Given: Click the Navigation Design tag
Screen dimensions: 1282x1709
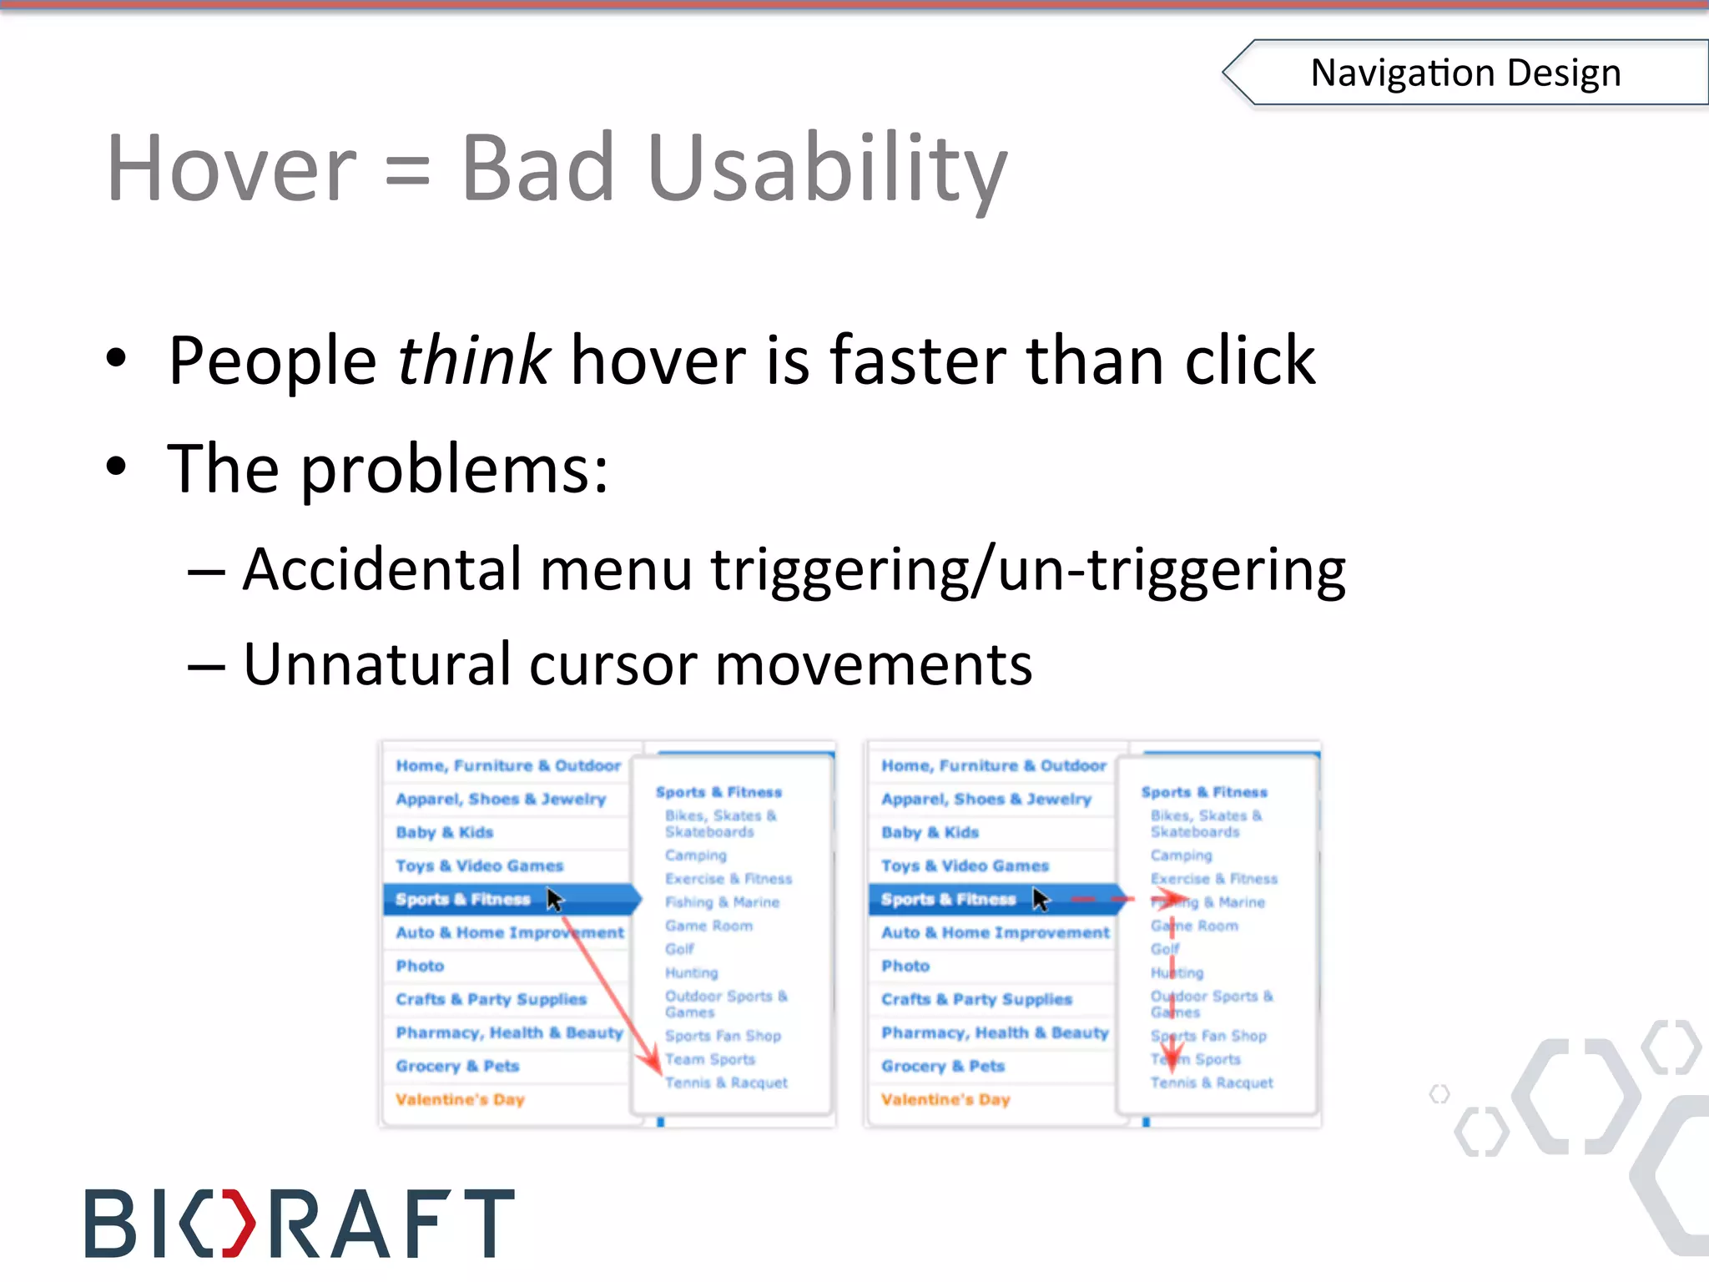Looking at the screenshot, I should tap(1465, 73).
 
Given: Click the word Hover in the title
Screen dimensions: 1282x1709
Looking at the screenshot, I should tap(232, 169).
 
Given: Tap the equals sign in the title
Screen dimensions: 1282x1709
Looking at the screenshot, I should tap(408, 173).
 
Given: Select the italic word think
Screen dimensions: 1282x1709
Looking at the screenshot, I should tap(473, 361).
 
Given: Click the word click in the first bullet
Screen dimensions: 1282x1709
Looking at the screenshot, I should tap(1249, 361).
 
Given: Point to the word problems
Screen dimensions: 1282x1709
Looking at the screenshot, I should tap(454, 470).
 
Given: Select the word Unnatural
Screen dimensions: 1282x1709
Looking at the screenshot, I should tap(376, 665).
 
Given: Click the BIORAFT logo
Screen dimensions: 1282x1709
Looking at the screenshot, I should tap(300, 1222).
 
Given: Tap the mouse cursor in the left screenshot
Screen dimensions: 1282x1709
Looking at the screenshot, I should tap(554, 899).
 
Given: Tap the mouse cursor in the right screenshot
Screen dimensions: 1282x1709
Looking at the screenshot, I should tap(1040, 899).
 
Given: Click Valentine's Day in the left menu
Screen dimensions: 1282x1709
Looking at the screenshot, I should tap(460, 1099).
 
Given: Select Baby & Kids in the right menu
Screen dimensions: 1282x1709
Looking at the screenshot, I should tap(930, 832).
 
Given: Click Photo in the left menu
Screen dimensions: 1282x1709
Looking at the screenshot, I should tap(420, 966).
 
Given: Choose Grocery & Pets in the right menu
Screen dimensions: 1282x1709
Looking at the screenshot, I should tap(943, 1066).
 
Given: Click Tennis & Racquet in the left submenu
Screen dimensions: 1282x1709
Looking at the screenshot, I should tap(726, 1083).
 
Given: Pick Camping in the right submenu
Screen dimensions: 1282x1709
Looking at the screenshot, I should tap(1181, 856).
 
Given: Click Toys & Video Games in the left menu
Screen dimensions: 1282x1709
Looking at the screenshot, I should tap(479, 866).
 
